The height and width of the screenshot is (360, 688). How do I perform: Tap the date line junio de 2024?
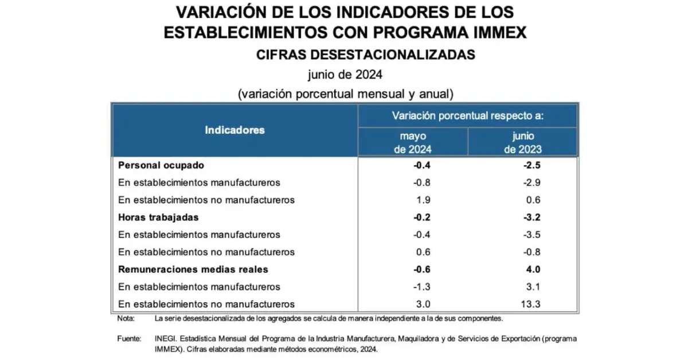[345, 75]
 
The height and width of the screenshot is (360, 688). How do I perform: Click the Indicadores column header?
[234, 130]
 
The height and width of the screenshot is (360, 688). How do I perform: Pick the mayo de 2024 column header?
[413, 143]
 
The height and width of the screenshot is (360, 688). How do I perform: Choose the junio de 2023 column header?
[523, 143]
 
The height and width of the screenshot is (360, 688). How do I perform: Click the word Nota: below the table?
[126, 318]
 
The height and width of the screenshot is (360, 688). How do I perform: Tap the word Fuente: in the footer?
[130, 339]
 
